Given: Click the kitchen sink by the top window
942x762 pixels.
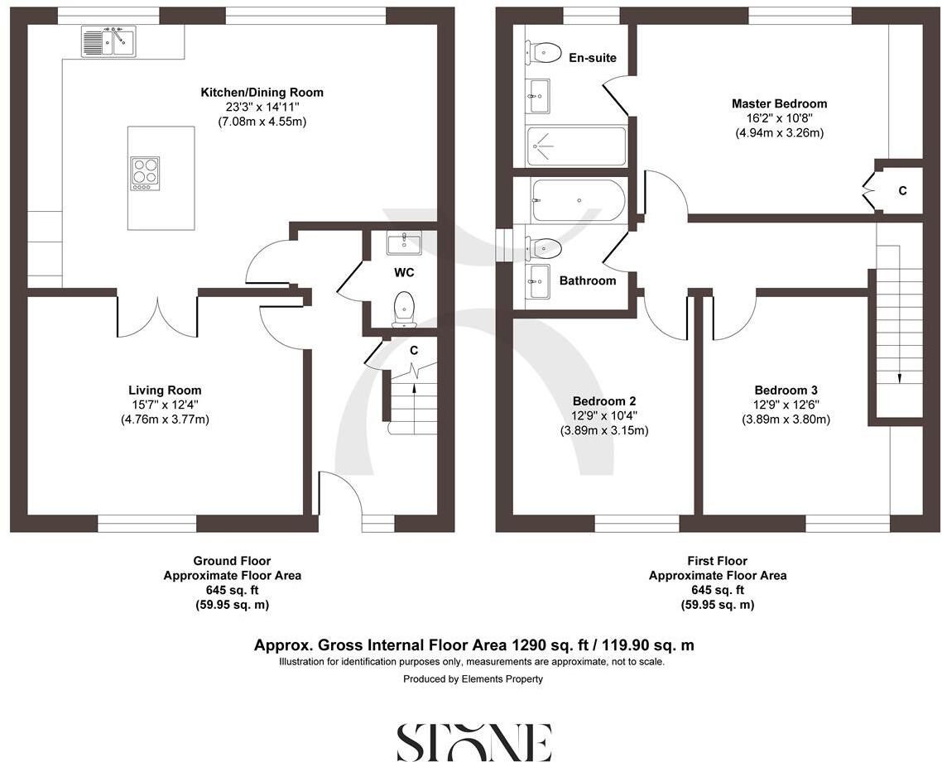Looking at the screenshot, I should point(108,41).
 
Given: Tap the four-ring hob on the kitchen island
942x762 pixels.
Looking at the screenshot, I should point(145,173).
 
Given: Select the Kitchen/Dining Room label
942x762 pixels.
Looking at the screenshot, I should point(262,92).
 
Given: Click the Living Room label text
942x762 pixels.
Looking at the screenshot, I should point(165,390).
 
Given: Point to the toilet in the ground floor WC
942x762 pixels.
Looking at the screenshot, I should point(404,306).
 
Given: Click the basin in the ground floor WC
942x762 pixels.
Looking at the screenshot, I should point(404,242).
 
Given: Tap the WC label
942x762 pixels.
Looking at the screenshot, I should point(404,272).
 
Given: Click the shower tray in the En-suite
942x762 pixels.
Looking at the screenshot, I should point(576,146).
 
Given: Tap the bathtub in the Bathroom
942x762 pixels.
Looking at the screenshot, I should point(577,200).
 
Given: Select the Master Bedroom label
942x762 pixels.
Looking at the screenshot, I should point(779,103).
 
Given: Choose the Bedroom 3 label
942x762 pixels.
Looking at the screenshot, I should point(786,390).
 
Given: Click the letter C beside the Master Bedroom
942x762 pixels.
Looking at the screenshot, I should point(902,190).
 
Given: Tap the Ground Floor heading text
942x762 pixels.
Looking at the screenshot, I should point(232,561).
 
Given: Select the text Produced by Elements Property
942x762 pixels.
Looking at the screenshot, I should point(473,679).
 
